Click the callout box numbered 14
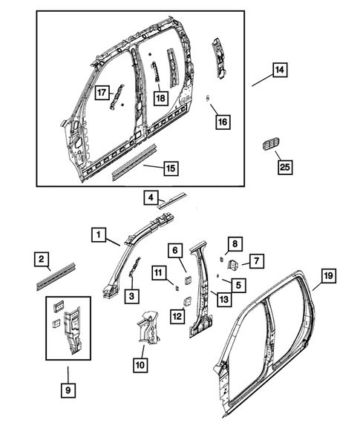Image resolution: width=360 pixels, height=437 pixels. click(x=279, y=71)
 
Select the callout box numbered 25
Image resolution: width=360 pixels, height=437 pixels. click(x=283, y=168)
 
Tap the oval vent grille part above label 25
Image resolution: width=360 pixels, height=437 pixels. click(x=269, y=145)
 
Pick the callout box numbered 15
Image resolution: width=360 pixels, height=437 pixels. click(x=170, y=168)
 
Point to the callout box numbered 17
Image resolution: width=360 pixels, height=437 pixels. click(x=102, y=93)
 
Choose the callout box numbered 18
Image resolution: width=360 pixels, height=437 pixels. click(x=160, y=97)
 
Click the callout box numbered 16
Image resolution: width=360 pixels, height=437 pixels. click(x=223, y=121)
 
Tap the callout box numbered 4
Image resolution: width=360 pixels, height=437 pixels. click(x=151, y=198)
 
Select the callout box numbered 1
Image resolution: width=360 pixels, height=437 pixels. click(x=98, y=235)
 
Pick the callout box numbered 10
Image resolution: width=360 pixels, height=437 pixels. click(x=140, y=364)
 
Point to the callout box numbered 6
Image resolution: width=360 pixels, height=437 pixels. click(x=176, y=251)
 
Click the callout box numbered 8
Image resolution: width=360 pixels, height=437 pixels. click(x=233, y=243)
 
